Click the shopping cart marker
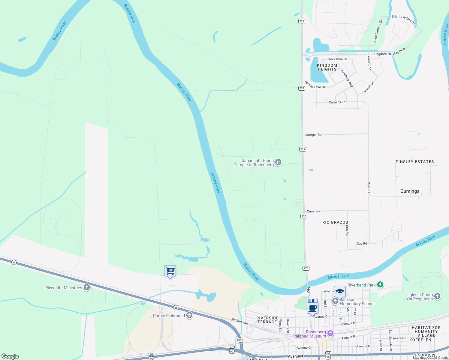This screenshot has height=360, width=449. [170, 271]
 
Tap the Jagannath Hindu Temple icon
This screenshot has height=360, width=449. [278, 162]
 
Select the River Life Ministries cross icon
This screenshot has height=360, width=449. [87, 287]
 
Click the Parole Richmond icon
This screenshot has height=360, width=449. [189, 315]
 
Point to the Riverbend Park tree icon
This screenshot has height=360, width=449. [380, 284]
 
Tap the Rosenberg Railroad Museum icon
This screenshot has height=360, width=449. [330, 333]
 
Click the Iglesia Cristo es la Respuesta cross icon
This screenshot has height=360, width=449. [437, 296]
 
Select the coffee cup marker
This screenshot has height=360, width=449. [312, 307]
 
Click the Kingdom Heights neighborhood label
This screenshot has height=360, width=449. [327, 67]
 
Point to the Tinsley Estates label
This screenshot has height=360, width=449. [414, 162]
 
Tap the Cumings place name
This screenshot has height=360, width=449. [410, 191]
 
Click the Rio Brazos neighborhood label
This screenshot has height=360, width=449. [335, 222]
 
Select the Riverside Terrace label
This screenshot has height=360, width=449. [267, 320]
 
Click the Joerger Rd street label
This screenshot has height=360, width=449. [313, 135]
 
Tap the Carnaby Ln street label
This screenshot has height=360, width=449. [337, 102]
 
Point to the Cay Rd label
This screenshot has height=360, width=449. [362, 243]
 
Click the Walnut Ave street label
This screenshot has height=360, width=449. [240, 321]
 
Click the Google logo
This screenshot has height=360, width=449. [10, 356]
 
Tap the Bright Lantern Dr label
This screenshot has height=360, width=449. [403, 19]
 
